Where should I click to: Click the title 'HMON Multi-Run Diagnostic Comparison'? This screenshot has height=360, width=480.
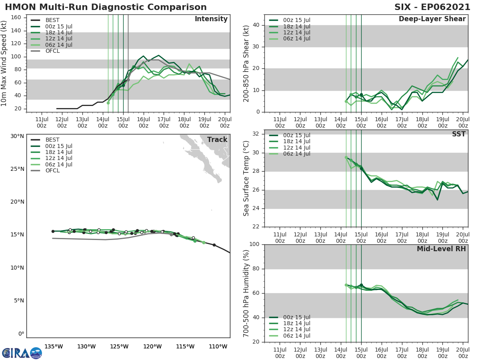pyautogui.click(x=106, y=7)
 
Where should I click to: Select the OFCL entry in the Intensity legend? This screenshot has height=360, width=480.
pyautogui.click(x=52, y=51)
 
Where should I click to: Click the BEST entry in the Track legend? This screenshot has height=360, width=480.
pyautogui.click(x=52, y=140)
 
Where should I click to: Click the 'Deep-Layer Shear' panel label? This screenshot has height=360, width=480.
pyautogui.click(x=432, y=19)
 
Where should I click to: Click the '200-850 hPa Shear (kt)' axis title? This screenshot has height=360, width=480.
pyautogui.click(x=246, y=63)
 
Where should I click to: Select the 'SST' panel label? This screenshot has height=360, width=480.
pyautogui.click(x=458, y=134)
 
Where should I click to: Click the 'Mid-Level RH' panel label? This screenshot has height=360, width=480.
pyautogui.click(x=441, y=249)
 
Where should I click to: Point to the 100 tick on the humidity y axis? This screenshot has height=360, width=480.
pyautogui.click(x=254, y=244)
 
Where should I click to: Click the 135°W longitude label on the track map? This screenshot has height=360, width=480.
pyautogui.click(x=54, y=346)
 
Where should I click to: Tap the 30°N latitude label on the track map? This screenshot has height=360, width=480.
pyautogui.click(x=18, y=136)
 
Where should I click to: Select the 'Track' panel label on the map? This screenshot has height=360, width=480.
pyautogui.click(x=217, y=140)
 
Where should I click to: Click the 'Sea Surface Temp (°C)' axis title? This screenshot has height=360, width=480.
pyautogui.click(x=246, y=178)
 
